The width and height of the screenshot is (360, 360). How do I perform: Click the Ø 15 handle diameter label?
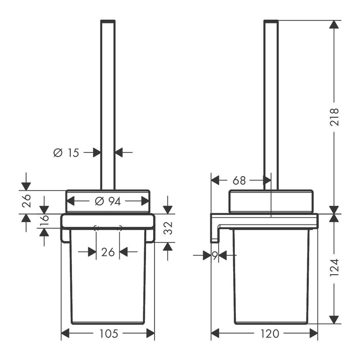point(66,153)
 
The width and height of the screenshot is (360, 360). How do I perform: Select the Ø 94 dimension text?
point(108,201)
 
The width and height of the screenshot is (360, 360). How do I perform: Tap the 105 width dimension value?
point(108,334)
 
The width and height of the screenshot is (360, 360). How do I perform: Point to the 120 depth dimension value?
point(270,334)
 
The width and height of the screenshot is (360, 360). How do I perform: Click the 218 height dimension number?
point(334,117)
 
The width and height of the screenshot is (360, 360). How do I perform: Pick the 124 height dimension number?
point(334,267)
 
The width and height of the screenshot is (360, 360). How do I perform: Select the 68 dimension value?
point(239,181)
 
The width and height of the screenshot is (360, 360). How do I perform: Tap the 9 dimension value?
point(215,256)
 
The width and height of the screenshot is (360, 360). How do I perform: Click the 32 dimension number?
point(168,228)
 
